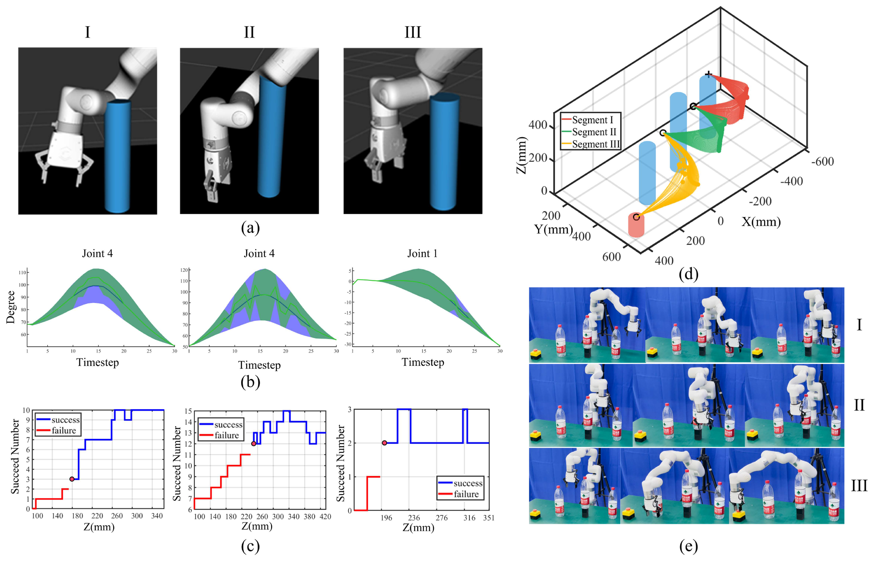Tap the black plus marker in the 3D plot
tap(708, 74)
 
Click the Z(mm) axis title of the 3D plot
tap(522, 155)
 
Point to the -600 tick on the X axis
tap(823, 161)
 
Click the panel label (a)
tap(250, 228)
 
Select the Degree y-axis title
tap(11, 307)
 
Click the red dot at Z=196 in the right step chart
tap(384, 443)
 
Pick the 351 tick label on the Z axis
tap(489, 518)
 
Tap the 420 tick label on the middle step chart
tap(325, 517)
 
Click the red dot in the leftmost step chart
tap(72, 479)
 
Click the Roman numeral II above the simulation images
tap(249, 32)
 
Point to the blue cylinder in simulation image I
tap(117, 157)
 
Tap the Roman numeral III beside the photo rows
tap(859, 486)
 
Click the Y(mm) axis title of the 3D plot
tap(553, 229)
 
